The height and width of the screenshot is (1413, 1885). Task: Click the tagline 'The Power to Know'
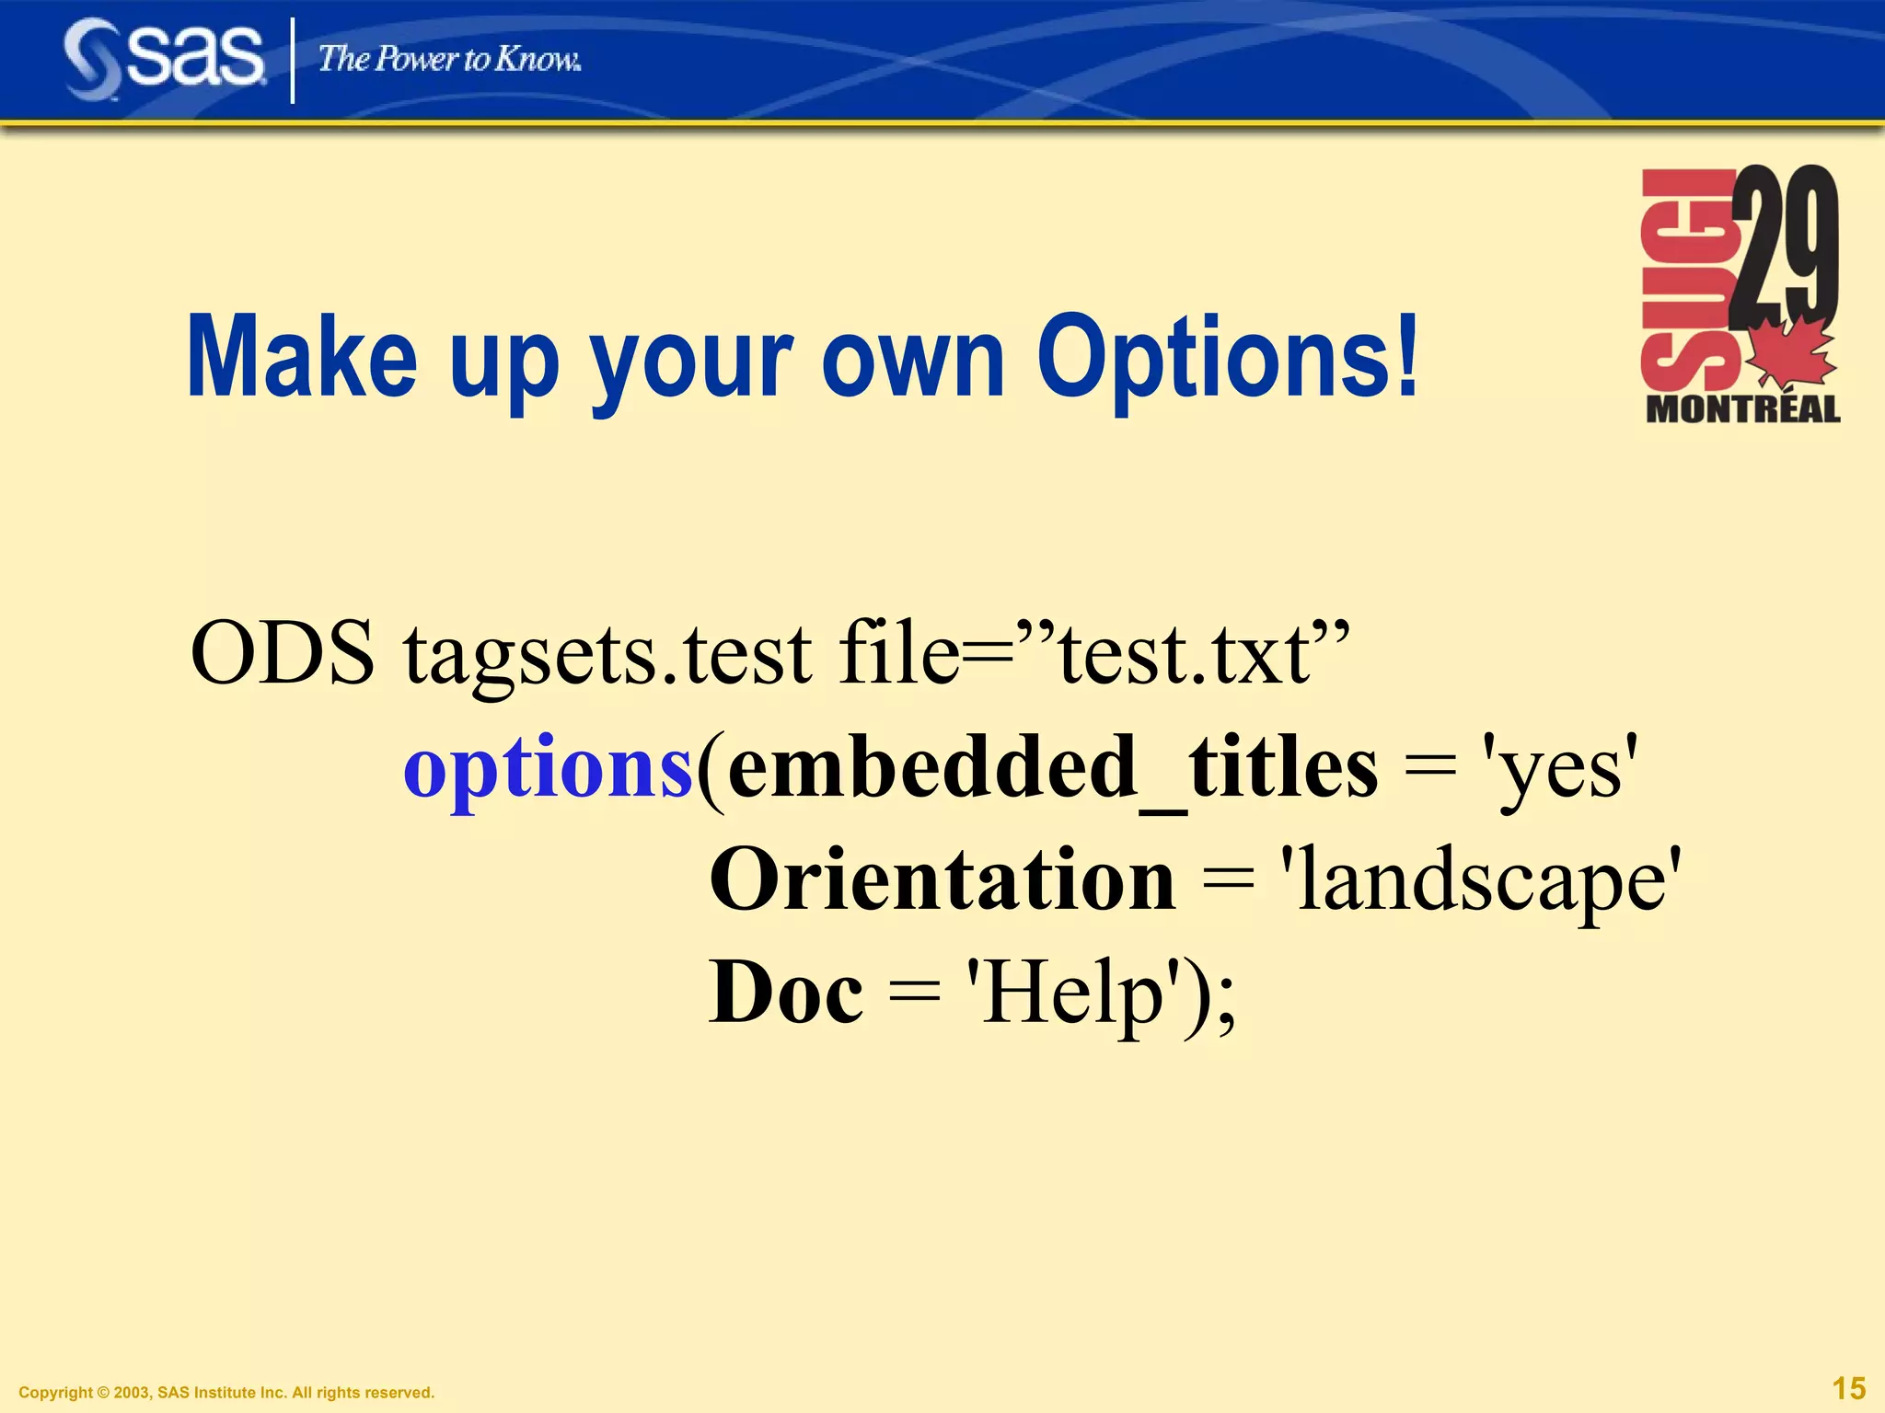449,60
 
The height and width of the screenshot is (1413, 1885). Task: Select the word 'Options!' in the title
1228,359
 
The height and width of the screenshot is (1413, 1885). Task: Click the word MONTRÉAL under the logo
1742,408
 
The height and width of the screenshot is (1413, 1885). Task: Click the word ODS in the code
283,653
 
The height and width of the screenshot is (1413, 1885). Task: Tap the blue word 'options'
548,769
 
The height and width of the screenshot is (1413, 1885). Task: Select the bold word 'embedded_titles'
1051,769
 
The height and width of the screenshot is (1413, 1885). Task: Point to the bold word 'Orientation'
942,879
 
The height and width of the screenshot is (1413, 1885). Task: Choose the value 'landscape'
1481,881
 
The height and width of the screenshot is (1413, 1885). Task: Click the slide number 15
1848,1387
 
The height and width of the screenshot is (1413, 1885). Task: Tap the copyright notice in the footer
226,1392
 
